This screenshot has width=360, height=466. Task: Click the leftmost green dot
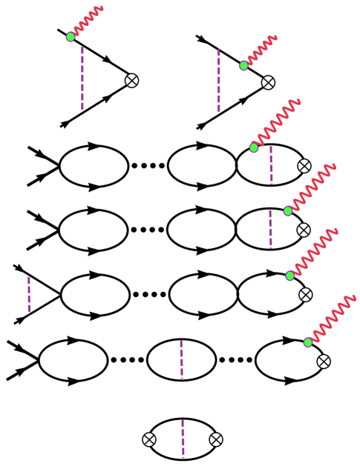(71, 37)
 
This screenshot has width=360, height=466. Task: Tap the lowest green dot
(308, 342)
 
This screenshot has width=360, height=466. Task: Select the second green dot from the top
(243, 66)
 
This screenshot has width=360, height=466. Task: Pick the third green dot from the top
(254, 147)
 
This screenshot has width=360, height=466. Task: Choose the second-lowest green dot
(289, 276)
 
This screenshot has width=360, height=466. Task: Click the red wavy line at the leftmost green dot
(88, 21)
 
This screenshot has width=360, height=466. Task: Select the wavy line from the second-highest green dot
(261, 50)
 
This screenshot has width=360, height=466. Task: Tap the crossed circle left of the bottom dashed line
(149, 439)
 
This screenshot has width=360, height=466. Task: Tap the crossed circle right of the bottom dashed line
(216, 439)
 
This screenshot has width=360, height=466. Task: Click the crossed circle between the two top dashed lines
(131, 81)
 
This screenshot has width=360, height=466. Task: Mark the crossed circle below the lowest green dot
(324, 362)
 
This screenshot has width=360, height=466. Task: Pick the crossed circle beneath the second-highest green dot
(268, 82)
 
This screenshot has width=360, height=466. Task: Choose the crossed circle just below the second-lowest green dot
(305, 295)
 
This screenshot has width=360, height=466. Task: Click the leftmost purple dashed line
(29, 295)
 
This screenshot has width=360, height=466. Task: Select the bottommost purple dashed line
(183, 439)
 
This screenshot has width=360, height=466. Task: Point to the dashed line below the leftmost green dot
(82, 79)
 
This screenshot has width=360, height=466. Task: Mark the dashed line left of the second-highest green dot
(218, 81)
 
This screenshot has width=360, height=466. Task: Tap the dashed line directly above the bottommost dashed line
(181, 359)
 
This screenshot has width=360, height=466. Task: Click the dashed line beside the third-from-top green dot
(271, 164)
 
